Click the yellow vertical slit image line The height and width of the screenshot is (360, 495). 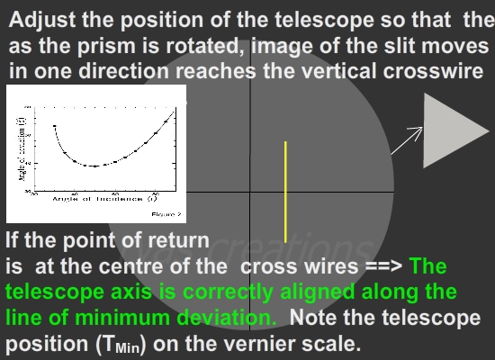(285, 191)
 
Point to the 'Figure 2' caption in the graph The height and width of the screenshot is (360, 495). (165, 214)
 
